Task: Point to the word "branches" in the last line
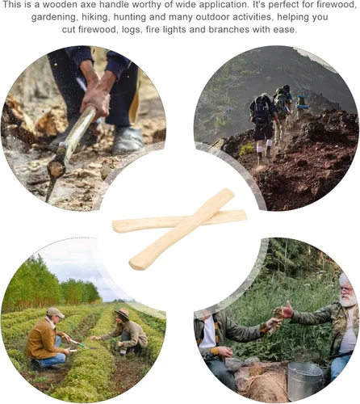pos(228,29)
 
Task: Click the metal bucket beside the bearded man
pos(305,381)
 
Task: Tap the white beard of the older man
pos(348,301)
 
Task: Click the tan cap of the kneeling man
pos(55,313)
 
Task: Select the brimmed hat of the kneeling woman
pos(123,314)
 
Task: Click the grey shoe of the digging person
pos(128,140)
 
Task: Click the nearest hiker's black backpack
pos(260,111)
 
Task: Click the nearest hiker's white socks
pos(264,149)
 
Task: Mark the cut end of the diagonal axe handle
pos(135,263)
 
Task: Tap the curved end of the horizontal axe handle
pos(119,226)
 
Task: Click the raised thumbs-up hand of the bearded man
pos(287,309)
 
